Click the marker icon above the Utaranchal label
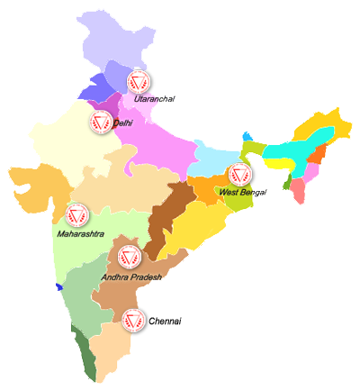point(138,82)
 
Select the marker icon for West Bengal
point(238,174)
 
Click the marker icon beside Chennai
point(134,320)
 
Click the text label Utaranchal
point(152,98)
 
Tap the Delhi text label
point(121,123)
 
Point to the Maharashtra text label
point(79,233)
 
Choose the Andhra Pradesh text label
point(131,277)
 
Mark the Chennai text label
point(165,322)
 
